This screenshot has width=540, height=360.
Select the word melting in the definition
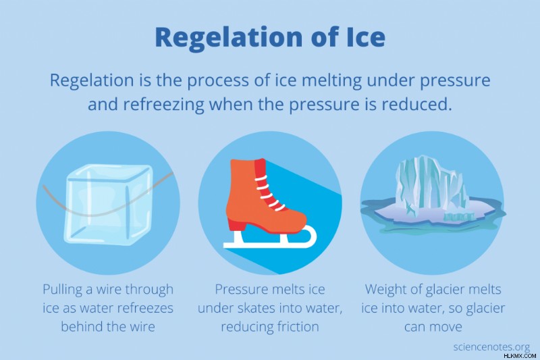[x=328, y=80]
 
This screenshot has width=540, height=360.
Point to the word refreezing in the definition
[x=163, y=105]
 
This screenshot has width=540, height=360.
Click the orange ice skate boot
[x=265, y=196]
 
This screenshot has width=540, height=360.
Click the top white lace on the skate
[x=261, y=178]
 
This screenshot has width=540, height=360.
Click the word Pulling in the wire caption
[x=63, y=290]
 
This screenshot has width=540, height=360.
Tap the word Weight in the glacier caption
[x=385, y=290]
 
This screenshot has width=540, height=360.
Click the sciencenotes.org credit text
[x=491, y=346]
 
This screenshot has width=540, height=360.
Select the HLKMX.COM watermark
[x=520, y=356]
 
